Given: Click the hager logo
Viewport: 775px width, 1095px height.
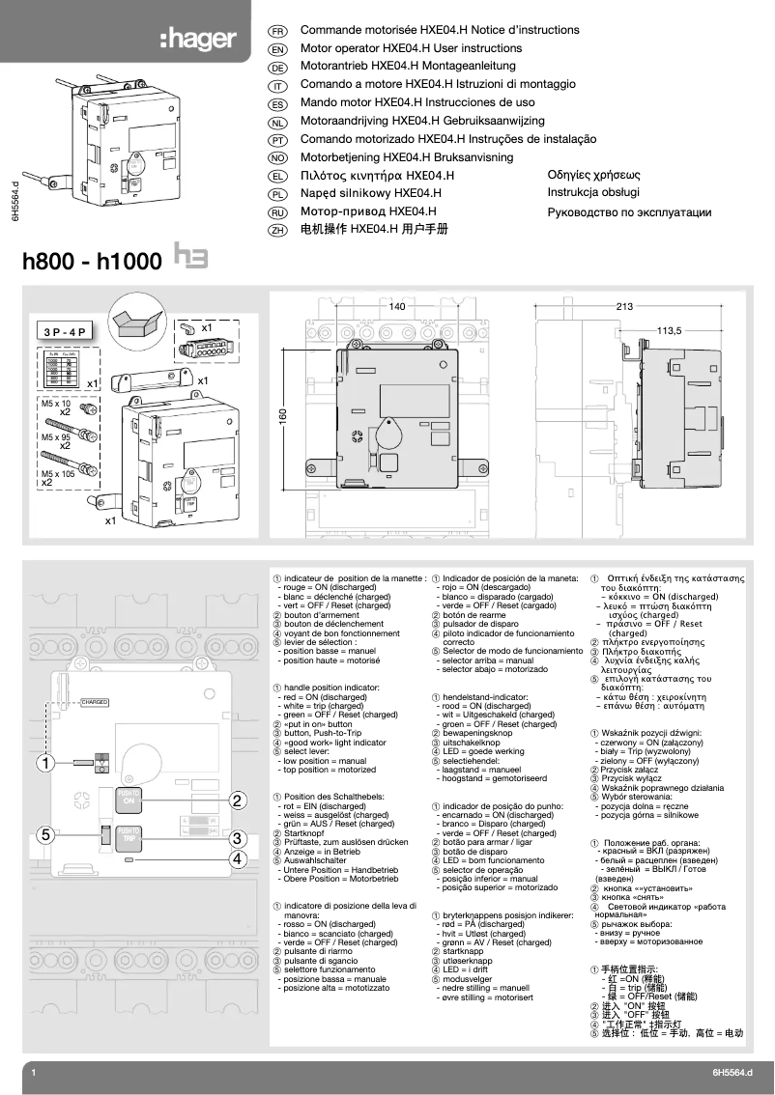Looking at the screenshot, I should point(198,40).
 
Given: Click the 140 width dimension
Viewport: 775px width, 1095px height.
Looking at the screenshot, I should point(396,306).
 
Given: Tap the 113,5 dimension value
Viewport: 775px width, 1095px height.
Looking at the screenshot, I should point(669,330).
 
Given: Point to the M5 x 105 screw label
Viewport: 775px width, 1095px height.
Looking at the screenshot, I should point(58,474).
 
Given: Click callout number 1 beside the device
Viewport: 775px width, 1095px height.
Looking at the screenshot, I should point(43,764).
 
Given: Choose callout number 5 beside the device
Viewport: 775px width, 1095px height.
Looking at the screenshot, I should point(43,834).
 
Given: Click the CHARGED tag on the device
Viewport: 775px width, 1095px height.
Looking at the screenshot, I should point(94,702).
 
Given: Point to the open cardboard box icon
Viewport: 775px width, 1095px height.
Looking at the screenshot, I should point(133,320).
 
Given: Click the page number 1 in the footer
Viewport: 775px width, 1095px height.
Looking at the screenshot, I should point(34,1073).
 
